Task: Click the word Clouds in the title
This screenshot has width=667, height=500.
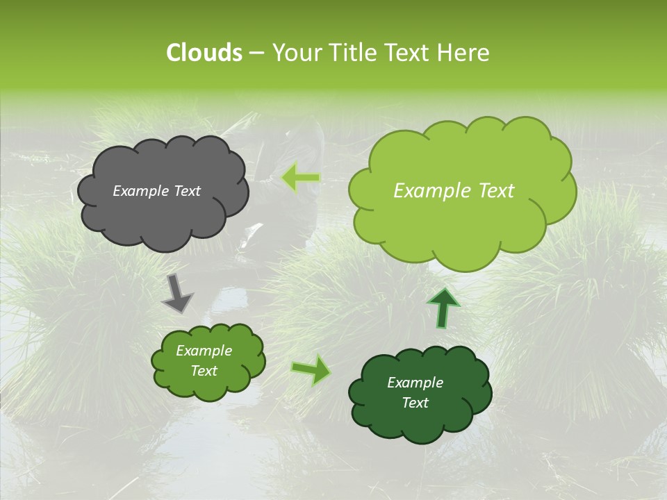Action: coord(204,53)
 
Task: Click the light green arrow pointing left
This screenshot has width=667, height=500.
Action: coord(301,178)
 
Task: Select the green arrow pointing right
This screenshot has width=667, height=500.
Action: coord(311,369)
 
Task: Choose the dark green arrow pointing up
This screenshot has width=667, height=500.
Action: coord(443,308)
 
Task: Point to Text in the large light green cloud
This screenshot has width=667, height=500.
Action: coord(495,191)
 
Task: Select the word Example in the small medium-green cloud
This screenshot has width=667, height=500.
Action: coord(204,351)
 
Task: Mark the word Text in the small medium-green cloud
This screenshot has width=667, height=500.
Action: coord(204,371)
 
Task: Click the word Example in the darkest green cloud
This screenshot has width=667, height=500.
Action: coord(415,383)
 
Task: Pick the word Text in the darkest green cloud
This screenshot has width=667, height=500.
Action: coord(415,403)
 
